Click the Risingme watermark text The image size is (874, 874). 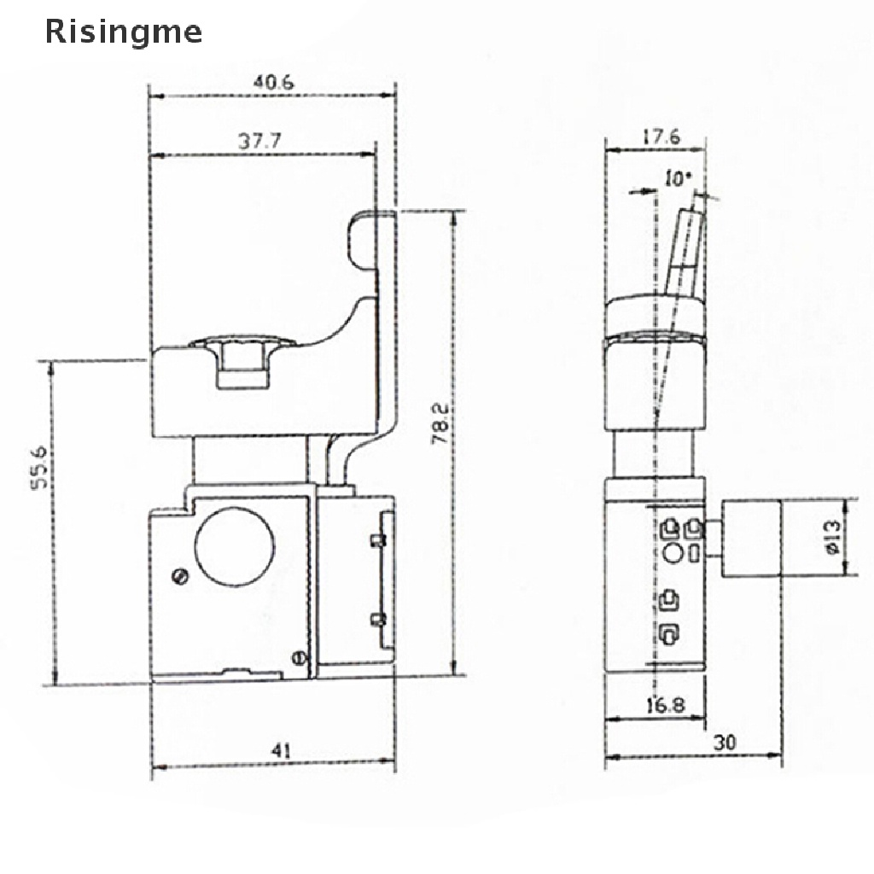coord(124,32)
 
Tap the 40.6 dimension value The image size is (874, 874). coord(273,83)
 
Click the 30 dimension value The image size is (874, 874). coord(725,742)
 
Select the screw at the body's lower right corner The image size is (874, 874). coord(298,657)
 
